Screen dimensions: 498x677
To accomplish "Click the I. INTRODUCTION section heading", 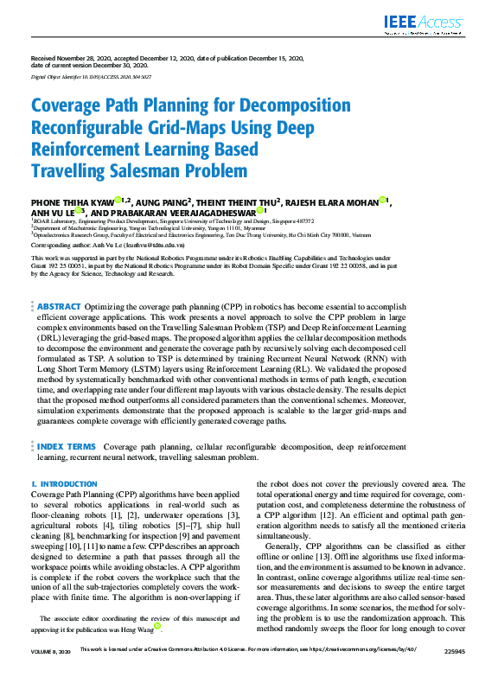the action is click(64, 484).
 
